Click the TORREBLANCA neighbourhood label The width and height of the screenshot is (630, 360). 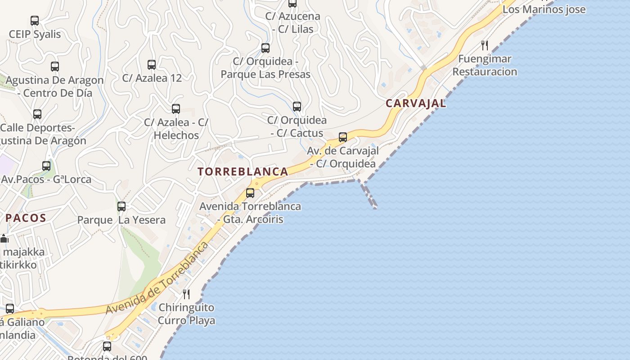(x=243, y=171)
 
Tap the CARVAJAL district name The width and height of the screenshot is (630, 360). (x=416, y=103)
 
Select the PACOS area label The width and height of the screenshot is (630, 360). (x=26, y=218)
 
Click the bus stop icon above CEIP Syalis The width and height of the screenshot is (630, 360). (x=35, y=21)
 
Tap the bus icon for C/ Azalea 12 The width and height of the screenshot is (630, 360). (x=152, y=65)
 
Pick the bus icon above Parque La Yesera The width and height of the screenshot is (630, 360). (x=121, y=207)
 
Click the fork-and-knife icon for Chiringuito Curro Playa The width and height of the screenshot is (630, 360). (x=186, y=294)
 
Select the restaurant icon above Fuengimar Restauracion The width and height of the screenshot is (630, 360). (x=485, y=45)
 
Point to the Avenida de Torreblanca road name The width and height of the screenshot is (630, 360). (x=157, y=278)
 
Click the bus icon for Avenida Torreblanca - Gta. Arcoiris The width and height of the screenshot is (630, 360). (x=250, y=193)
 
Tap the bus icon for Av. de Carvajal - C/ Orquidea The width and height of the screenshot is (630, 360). (x=343, y=137)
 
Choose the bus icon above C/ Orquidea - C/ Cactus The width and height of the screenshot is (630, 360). (x=297, y=107)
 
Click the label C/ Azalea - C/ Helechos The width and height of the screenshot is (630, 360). (x=176, y=129)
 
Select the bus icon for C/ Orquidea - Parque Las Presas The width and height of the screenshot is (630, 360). (x=265, y=48)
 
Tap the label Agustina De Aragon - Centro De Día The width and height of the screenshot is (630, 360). (x=55, y=87)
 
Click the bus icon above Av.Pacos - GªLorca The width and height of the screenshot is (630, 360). (x=46, y=166)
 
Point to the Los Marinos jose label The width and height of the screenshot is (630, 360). (x=544, y=9)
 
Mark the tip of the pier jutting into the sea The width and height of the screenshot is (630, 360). (x=375, y=207)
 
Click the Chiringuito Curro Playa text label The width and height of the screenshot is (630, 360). (x=186, y=314)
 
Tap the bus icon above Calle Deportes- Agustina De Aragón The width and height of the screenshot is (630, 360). (x=37, y=114)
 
